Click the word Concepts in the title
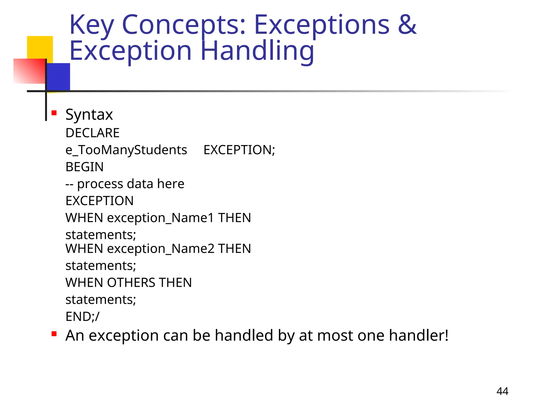coord(184,25)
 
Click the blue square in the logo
coord(59,77)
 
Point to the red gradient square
coord(29,71)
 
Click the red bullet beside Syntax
coord(54,113)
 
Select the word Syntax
coord(89,114)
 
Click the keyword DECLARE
coord(92,133)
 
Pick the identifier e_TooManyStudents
coord(126,150)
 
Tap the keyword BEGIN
coord(85,167)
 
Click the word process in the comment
coord(100,184)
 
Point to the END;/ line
coord(82,317)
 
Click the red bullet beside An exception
coord(54,334)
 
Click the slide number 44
coord(502,391)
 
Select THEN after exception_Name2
coord(234,249)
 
